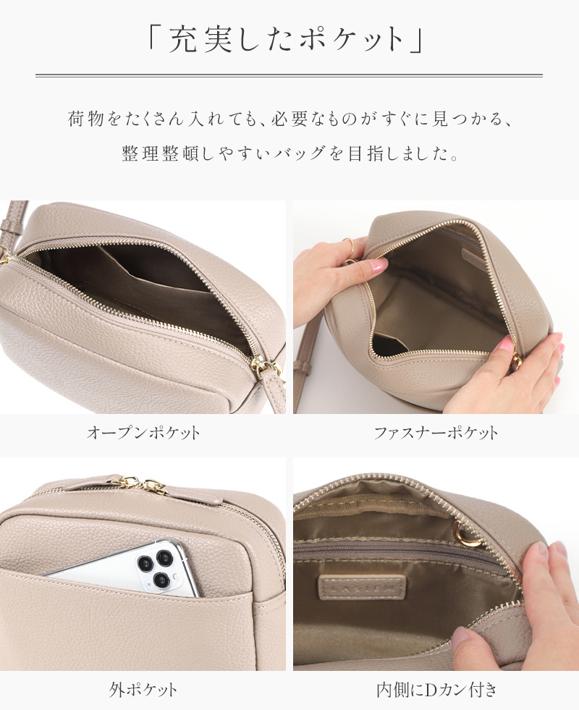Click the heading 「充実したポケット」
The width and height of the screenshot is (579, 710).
(x=289, y=40)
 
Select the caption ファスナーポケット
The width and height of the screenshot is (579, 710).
(x=436, y=434)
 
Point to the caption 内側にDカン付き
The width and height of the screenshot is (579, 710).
(x=436, y=689)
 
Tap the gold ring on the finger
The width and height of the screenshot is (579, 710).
(x=348, y=246)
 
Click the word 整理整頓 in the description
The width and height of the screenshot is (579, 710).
(x=155, y=155)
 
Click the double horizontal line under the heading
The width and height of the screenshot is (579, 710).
(x=289, y=75)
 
